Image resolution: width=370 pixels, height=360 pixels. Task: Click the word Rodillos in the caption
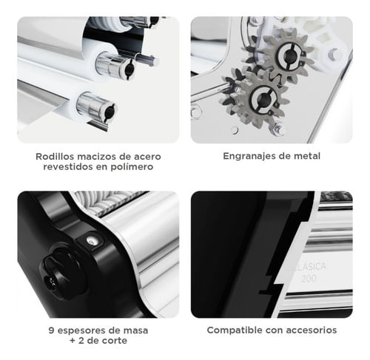pos(55,157)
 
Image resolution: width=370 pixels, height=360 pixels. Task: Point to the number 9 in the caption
pos(51,330)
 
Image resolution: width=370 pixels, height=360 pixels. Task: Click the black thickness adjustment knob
pos(62,272)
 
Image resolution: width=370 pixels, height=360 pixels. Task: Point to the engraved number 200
pos(309,278)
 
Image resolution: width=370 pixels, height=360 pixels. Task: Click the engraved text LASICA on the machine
pos(311,267)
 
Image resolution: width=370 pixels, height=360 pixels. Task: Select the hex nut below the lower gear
pos(278,129)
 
